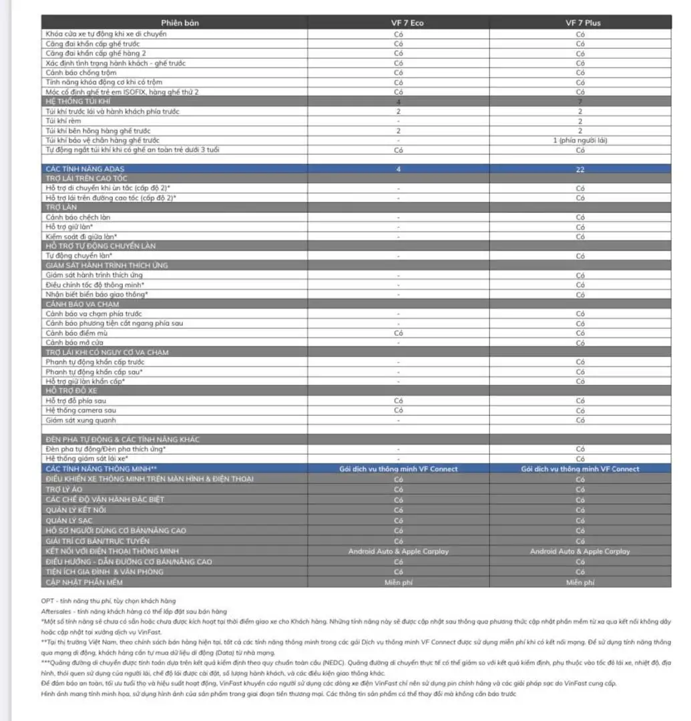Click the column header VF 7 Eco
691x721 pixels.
pos(398,23)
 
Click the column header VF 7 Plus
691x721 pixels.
pos(580,23)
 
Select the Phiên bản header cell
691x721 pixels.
pos(180,23)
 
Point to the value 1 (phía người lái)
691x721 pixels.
pos(580,140)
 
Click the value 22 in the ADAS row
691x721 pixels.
pos(580,170)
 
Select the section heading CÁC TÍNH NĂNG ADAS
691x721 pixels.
pos(85,170)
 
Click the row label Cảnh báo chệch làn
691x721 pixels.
pos(78,217)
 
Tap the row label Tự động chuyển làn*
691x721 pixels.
pos(79,256)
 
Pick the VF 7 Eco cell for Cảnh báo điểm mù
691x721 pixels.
pos(398,332)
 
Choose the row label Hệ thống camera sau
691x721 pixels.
pos(81,410)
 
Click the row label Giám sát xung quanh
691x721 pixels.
pos(81,420)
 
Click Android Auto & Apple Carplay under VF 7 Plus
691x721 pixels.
pos(580,551)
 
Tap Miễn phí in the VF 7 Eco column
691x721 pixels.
pos(398,583)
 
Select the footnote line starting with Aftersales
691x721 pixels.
pos(134,611)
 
